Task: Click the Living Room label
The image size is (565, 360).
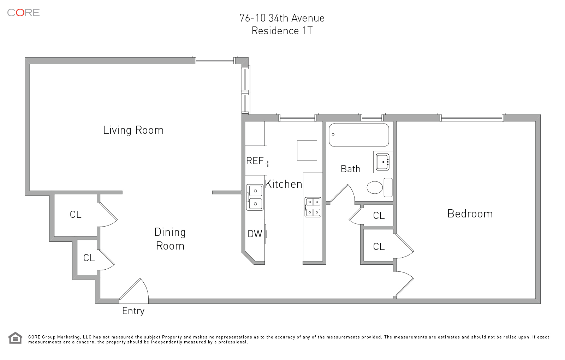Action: click(133, 130)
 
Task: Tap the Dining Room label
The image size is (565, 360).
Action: click(170, 239)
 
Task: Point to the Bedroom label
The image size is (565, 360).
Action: click(470, 214)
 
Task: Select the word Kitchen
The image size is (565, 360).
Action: click(284, 184)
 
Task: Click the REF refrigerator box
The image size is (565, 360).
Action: click(256, 161)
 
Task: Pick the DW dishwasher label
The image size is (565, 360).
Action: click(255, 234)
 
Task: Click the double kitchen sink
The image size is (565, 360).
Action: click(255, 197)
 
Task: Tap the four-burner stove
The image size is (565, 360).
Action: click(313, 207)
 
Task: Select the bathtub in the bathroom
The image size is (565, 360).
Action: click(359, 135)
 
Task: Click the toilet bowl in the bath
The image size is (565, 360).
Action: click(375, 187)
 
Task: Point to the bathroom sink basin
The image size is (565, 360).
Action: click(382, 162)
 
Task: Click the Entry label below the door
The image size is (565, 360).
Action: click(133, 311)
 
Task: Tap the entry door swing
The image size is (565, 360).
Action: click(134, 291)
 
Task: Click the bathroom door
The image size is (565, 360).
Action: click(342, 193)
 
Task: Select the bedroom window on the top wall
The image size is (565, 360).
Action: click(472, 117)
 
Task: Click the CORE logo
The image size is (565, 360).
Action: click(23, 13)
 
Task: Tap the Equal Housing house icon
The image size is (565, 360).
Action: click(16, 338)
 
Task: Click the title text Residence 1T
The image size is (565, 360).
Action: click(282, 31)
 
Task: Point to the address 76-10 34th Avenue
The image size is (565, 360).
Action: click(282, 18)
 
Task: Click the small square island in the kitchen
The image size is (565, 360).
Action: click(307, 150)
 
